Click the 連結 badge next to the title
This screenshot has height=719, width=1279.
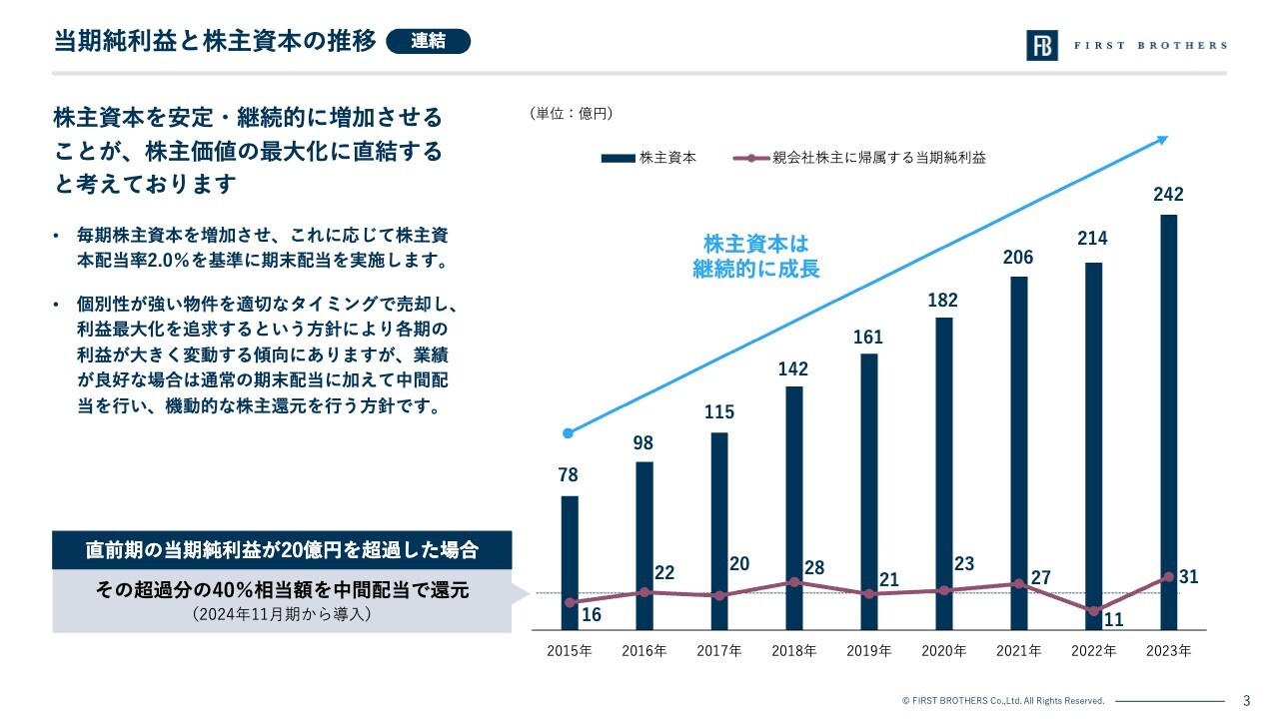[427, 41]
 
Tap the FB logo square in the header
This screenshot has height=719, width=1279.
[1041, 45]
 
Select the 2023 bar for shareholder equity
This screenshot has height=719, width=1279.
[1168, 419]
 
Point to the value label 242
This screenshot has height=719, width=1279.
[1168, 195]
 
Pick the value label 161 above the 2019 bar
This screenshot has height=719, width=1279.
[867, 338]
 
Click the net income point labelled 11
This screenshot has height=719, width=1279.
[1094, 610]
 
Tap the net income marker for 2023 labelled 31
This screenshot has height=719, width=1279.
[1168, 577]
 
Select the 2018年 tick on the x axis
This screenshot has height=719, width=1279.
[793, 651]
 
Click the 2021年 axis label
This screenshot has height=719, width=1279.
[1018, 651]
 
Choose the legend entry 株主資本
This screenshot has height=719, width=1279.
[648, 158]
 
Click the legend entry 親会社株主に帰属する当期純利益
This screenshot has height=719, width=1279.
[859, 158]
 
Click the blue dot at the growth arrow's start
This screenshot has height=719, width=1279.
[569, 433]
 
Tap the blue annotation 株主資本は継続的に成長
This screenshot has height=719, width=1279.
[755, 257]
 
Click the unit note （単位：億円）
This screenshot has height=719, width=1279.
[571, 114]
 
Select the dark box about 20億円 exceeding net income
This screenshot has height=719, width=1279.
[282, 550]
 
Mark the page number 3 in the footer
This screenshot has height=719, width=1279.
[1246, 700]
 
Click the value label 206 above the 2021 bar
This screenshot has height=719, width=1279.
[1018, 258]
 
